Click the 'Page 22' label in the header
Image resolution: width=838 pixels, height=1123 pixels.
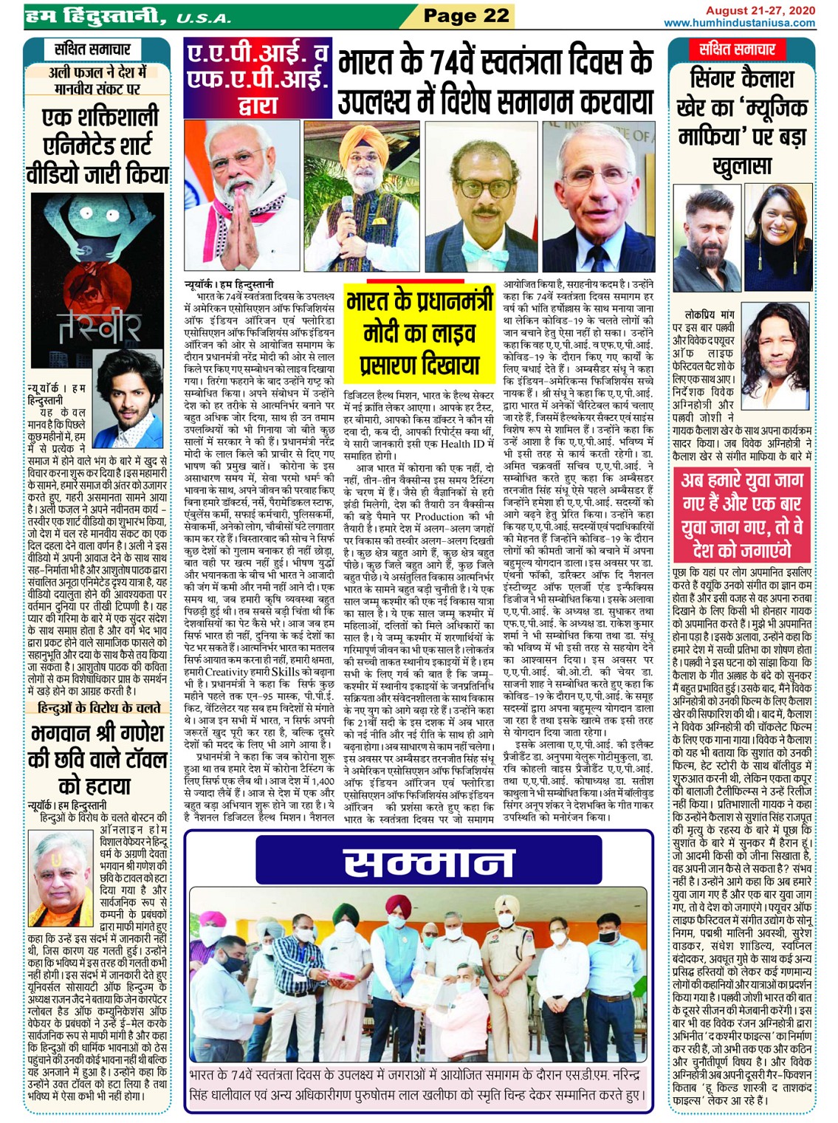(x=467, y=16)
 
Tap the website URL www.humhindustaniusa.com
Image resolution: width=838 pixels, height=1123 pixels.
(x=740, y=23)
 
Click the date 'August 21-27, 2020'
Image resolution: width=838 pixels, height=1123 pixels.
(x=760, y=10)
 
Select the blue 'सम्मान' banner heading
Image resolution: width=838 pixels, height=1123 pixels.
(x=419, y=862)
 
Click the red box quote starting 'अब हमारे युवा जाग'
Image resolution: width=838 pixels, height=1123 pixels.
(x=741, y=515)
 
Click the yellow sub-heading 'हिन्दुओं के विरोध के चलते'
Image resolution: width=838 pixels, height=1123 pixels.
(x=98, y=708)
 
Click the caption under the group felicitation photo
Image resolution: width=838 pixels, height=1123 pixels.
(x=418, y=1085)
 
